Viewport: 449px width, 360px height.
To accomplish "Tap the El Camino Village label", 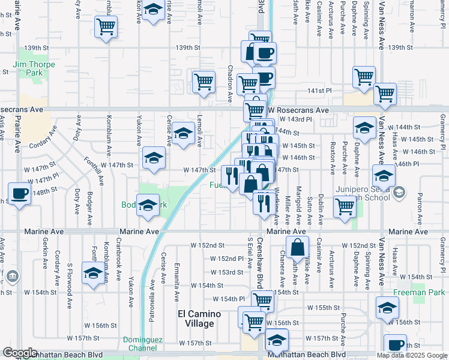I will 199,319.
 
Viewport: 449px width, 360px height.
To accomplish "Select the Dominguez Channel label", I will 143,343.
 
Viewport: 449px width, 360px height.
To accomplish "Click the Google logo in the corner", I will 19,353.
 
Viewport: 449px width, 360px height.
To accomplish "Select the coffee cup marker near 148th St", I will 20,194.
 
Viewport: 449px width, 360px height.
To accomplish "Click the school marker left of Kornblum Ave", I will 93,273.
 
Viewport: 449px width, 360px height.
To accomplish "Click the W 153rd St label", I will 231,272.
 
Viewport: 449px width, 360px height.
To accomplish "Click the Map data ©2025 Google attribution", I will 412,355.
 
